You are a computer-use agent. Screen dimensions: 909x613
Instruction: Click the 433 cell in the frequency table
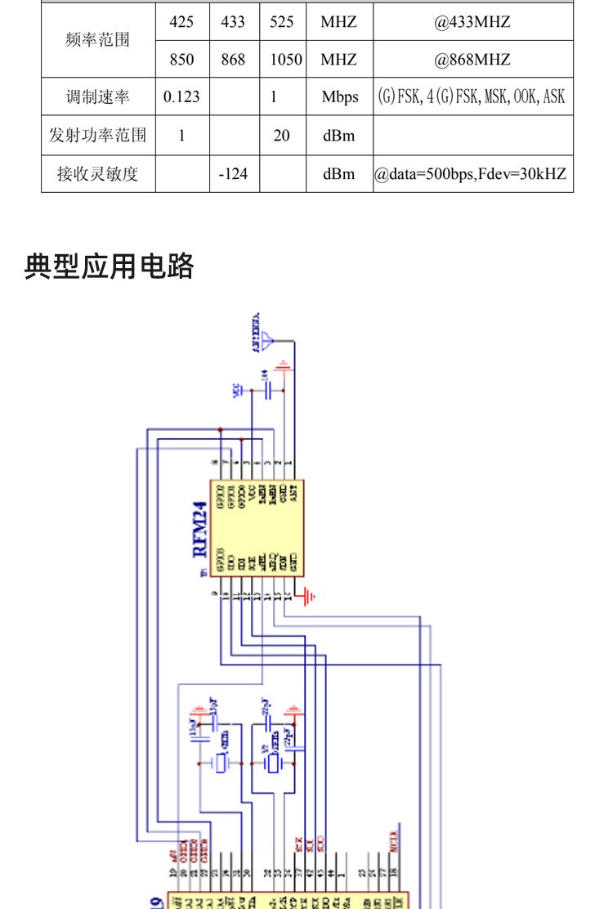[233, 22]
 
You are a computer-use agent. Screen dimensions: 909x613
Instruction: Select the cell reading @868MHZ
[472, 60]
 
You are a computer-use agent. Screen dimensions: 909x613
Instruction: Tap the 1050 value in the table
[284, 60]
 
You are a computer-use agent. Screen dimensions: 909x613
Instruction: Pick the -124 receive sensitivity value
[233, 173]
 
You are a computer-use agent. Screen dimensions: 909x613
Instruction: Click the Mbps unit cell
[339, 97]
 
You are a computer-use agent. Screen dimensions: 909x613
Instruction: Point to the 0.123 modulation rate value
[181, 97]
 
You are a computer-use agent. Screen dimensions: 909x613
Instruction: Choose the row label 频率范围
[98, 40]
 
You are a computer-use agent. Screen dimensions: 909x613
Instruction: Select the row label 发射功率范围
[98, 136]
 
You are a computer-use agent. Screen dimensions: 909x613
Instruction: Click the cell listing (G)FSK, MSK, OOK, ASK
[472, 97]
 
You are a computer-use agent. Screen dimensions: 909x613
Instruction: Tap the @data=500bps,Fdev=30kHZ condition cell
[472, 173]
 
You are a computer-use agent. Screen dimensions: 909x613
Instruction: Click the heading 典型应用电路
[110, 267]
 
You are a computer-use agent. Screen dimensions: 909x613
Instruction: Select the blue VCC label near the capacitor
[238, 392]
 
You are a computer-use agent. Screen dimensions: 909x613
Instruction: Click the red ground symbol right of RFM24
[307, 598]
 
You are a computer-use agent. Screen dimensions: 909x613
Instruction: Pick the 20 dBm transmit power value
[282, 136]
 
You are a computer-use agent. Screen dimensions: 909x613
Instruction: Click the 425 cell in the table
[181, 22]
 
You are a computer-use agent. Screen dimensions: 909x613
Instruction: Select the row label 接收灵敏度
[98, 173]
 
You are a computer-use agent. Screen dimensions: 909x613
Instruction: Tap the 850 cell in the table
[181, 60]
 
